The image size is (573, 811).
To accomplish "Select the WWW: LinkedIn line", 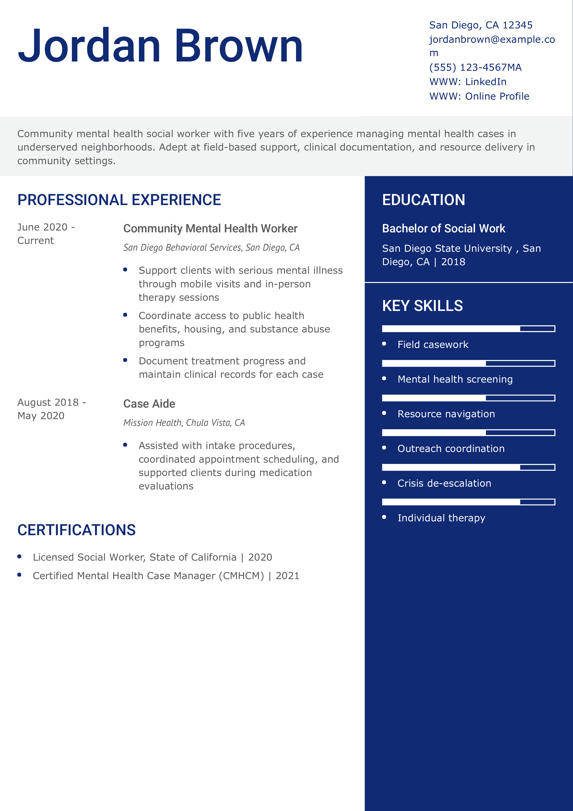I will point(468,82).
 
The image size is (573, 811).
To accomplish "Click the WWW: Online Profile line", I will point(479,96).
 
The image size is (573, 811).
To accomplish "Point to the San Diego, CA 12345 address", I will point(481,25).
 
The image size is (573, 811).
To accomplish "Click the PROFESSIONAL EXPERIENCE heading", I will point(119,200).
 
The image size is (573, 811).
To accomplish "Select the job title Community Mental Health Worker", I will point(210,229).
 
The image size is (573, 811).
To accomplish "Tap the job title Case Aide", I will point(149,404).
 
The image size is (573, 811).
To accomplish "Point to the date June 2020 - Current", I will point(46,233).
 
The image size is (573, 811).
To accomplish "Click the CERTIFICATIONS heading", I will point(76,530).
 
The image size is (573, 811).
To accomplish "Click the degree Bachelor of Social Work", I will point(443,229).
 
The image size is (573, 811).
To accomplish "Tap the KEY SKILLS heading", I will point(422,306).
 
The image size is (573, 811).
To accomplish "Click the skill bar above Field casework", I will point(468,329).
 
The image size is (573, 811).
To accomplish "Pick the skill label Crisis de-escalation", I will point(444,483).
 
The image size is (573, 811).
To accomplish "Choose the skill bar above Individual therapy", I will point(468,502).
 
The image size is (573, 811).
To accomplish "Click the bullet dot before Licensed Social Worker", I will point(19,557).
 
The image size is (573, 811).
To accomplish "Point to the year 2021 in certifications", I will point(287,576).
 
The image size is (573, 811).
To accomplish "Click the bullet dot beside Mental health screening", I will point(384,379).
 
